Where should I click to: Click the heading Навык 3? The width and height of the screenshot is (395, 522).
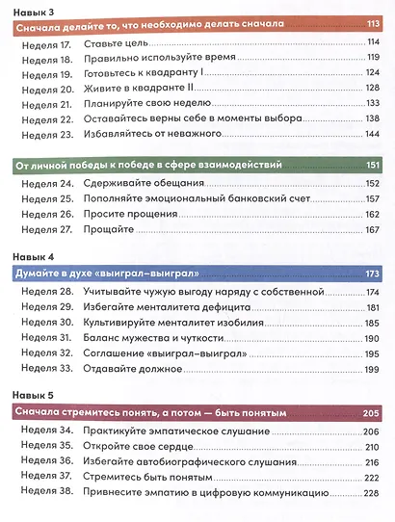point(31,11)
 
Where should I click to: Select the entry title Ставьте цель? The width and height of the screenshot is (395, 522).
point(116,44)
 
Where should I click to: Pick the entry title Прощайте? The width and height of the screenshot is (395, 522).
point(107,229)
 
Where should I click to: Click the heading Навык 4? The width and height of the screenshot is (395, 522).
point(31,258)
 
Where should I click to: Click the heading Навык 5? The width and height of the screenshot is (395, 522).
point(31,397)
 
